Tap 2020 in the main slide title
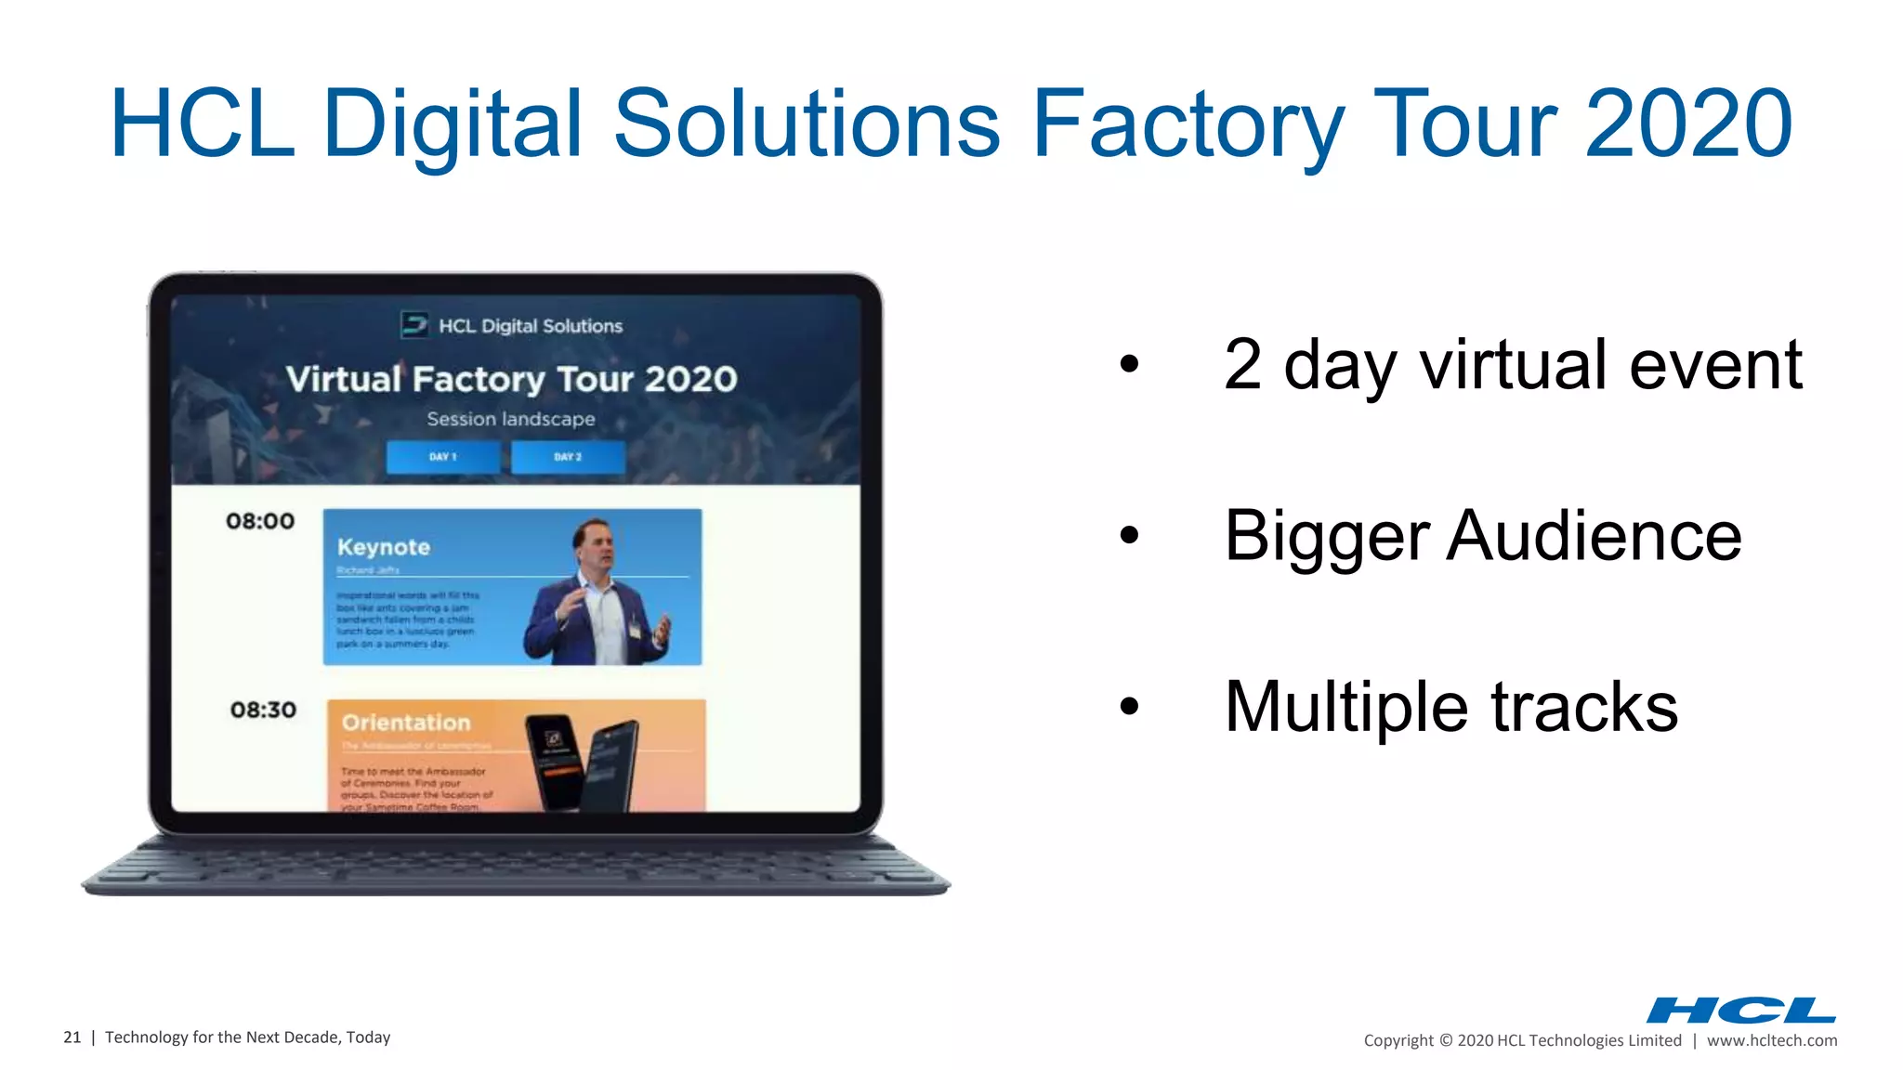tap(1688, 124)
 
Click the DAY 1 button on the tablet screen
tap(443, 457)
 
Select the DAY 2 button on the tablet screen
tap(568, 457)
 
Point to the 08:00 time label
tap(260, 521)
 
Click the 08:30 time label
tap(263, 710)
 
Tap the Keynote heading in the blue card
tap(384, 547)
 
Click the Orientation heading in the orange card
tap(406, 723)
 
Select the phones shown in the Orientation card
tap(583, 762)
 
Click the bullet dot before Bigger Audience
tap(1129, 535)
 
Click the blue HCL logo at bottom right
tap(1740, 1010)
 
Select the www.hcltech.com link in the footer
tap(1771, 1040)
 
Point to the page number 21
tap(72, 1037)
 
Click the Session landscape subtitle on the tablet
tap(511, 419)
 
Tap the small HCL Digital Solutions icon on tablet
tap(414, 325)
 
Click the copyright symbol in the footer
tap(1445, 1040)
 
